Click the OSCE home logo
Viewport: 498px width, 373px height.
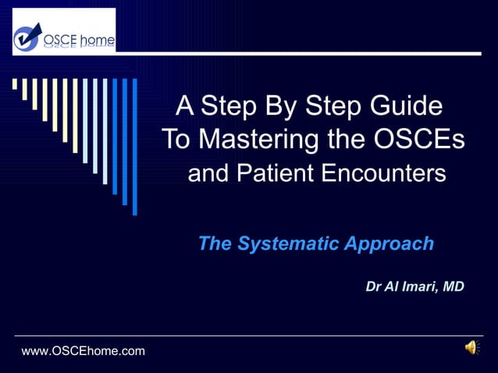pyautogui.click(x=64, y=32)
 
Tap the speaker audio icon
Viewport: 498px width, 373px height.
pyautogui.click(x=471, y=348)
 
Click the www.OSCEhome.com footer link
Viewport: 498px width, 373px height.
pyautogui.click(x=84, y=351)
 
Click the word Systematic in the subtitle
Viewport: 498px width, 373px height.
pyautogui.click(x=290, y=243)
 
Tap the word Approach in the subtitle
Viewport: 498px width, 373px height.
pyautogui.click(x=390, y=243)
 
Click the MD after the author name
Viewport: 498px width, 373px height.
pyautogui.click(x=453, y=287)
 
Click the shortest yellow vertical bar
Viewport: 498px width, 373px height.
pyautogui.click(x=15, y=84)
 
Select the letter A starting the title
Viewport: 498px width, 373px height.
pyautogui.click(x=185, y=105)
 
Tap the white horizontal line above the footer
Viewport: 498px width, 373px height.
pyautogui.click(x=249, y=336)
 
